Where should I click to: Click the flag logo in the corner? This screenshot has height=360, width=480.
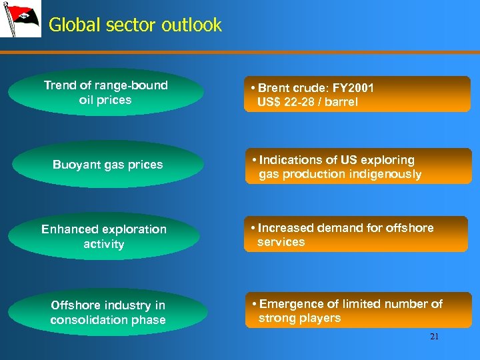point(20,20)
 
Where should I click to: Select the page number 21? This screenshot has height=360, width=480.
point(434,337)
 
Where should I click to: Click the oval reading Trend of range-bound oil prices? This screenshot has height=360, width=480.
point(105,93)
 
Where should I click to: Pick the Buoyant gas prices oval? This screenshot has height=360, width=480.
point(107,165)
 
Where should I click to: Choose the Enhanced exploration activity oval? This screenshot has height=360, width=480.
point(104,237)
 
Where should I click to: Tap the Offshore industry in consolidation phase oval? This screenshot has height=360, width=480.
point(108,313)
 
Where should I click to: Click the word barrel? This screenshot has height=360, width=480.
point(343,102)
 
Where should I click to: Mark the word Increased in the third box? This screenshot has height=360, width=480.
point(286,228)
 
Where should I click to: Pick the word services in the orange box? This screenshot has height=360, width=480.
point(281,242)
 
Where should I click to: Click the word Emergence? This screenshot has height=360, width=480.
point(289,304)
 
